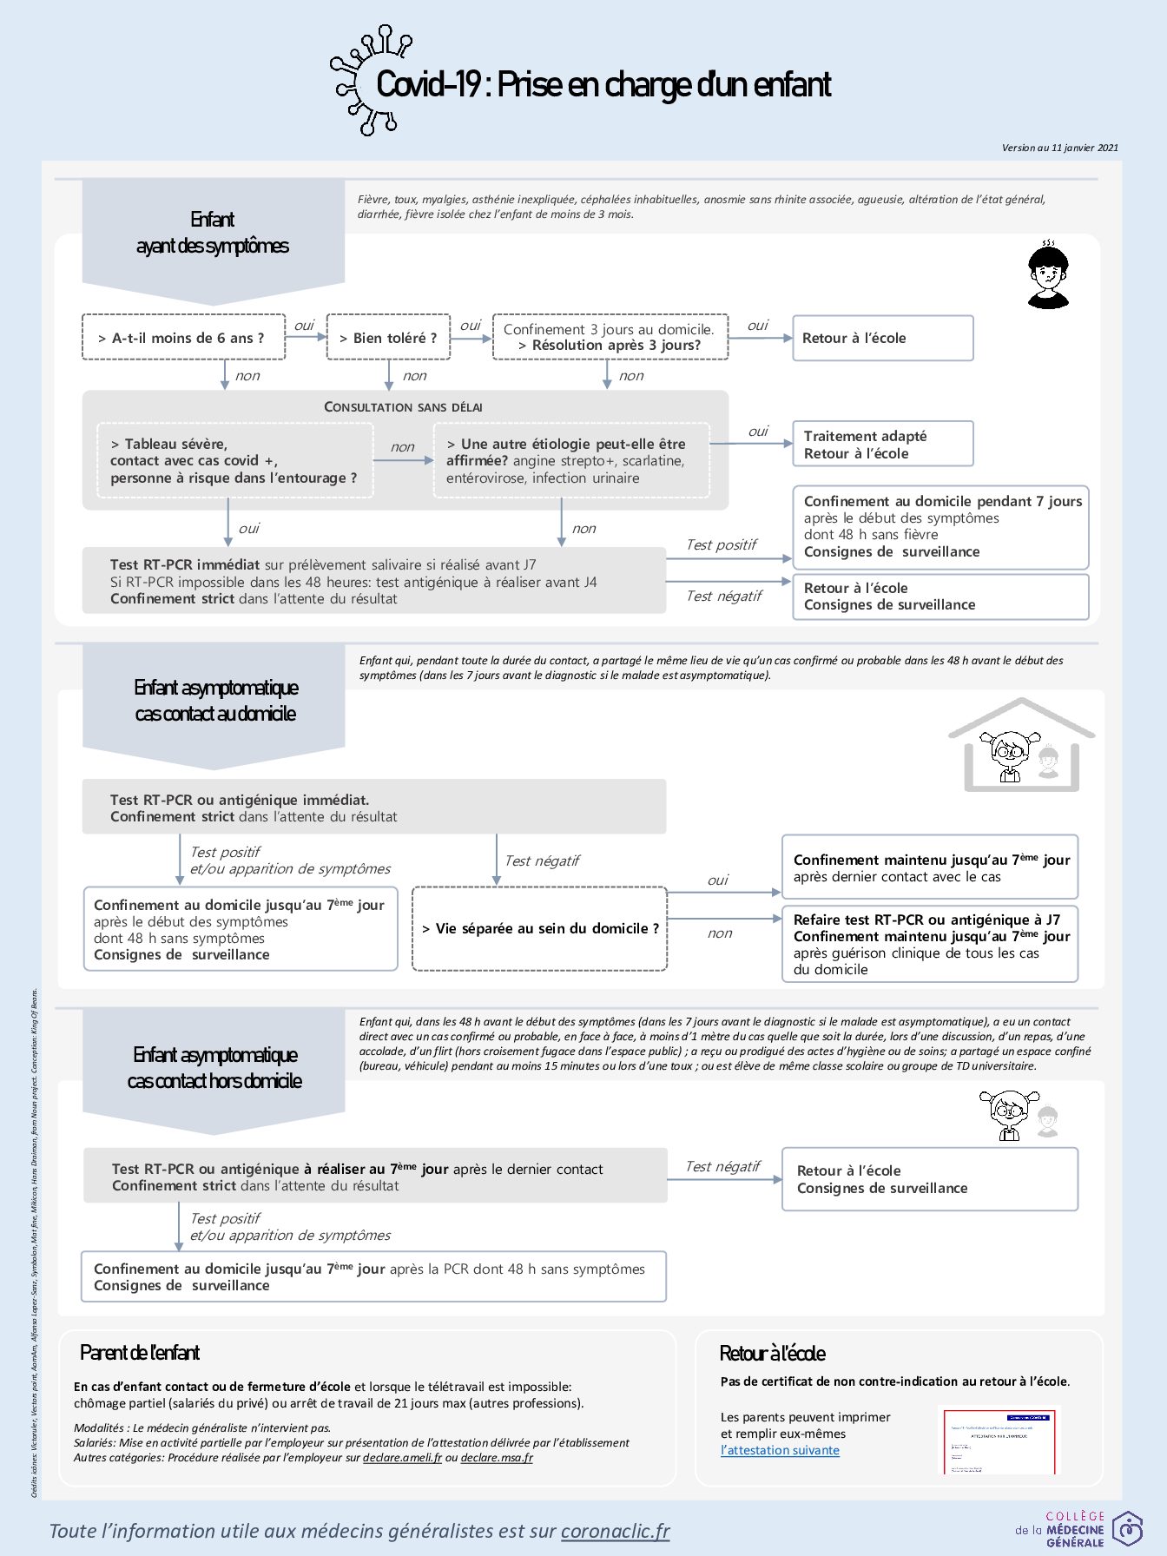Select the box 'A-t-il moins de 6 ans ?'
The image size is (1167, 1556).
point(183,338)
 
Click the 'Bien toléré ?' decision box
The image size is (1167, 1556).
point(388,338)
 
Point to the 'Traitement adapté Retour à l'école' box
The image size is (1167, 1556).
point(882,445)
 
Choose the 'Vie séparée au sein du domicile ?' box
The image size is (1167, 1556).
point(539,928)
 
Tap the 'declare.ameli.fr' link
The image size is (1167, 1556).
point(402,1458)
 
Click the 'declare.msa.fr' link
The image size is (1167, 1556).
point(497,1458)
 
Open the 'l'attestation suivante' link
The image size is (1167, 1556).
point(780,1450)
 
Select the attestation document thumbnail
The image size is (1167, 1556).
point(999,1441)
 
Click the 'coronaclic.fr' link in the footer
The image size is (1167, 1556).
point(615,1531)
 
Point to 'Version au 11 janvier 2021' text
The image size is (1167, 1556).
point(1059,148)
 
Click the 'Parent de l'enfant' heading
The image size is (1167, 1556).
point(140,1353)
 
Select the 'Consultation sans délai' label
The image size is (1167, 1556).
point(403,407)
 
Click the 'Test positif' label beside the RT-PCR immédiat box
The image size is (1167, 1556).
point(721,545)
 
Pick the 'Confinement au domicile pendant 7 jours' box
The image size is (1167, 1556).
point(940,526)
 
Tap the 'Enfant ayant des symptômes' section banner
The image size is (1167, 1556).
point(213,233)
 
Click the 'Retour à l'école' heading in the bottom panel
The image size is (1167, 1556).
point(772,1354)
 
